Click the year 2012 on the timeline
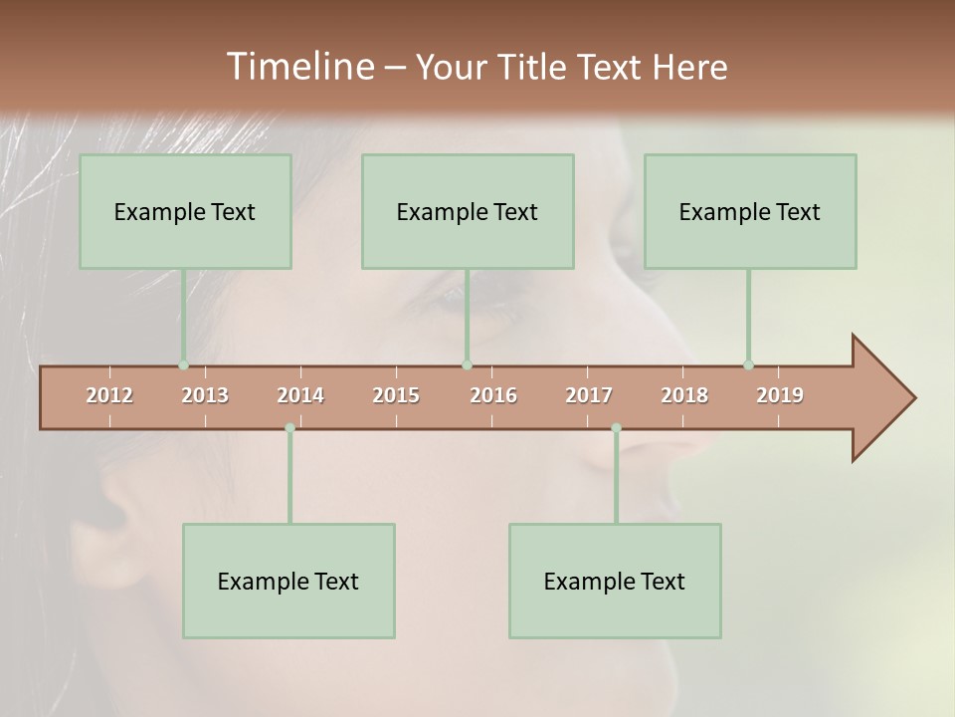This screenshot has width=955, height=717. coord(109,395)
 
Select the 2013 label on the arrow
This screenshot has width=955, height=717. coord(205,395)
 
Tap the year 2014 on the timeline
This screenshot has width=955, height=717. coord(300,395)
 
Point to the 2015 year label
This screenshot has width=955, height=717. coord(396,395)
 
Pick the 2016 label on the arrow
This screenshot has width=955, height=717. coord(493,395)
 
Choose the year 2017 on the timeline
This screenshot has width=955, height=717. coord(589,395)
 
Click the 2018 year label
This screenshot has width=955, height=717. coord(684,395)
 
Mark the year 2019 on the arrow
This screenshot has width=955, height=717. coord(780,395)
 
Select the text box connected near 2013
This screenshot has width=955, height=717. coord(185,211)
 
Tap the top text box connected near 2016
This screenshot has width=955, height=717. coord(468,211)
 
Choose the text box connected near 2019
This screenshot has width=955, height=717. coord(750,211)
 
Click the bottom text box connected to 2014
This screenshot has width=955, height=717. coord(288,581)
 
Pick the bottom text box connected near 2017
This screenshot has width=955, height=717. coord(615,581)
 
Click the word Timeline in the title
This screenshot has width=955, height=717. coord(298,67)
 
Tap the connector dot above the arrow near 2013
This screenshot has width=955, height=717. coord(183,365)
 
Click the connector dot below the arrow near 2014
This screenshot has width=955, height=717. coord(289,428)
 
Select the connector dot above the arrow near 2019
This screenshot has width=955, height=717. coord(748,365)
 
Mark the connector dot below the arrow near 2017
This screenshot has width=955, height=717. coord(616,428)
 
